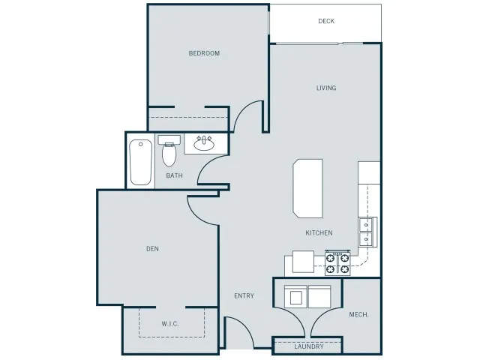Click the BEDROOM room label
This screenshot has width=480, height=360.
204,53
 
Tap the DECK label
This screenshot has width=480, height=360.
326,21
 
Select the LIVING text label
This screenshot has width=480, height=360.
326,88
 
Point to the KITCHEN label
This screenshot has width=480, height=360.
319,232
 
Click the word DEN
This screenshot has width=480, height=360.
152,249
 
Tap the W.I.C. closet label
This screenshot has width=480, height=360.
170,324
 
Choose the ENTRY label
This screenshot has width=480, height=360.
244,295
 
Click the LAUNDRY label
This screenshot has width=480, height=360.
309,346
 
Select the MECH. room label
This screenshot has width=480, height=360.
358,315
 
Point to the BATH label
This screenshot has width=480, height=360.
174,175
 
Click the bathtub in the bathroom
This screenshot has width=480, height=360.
140,162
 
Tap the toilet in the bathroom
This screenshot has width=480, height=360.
169,150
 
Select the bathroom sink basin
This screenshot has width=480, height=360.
204,144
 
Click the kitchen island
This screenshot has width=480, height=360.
307,188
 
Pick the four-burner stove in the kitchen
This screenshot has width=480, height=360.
337,263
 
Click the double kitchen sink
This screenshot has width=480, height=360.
367,232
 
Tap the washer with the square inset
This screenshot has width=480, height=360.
295,297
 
